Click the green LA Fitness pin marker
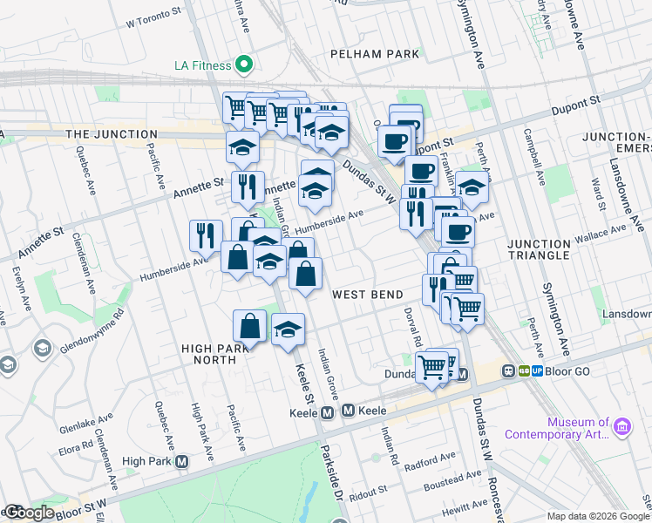click(245, 65)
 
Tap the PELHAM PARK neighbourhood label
click(375, 54)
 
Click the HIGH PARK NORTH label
click(209, 355)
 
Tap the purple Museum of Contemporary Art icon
click(621, 426)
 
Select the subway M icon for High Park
click(181, 461)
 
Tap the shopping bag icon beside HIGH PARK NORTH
click(249, 326)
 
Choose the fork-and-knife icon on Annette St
click(248, 187)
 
